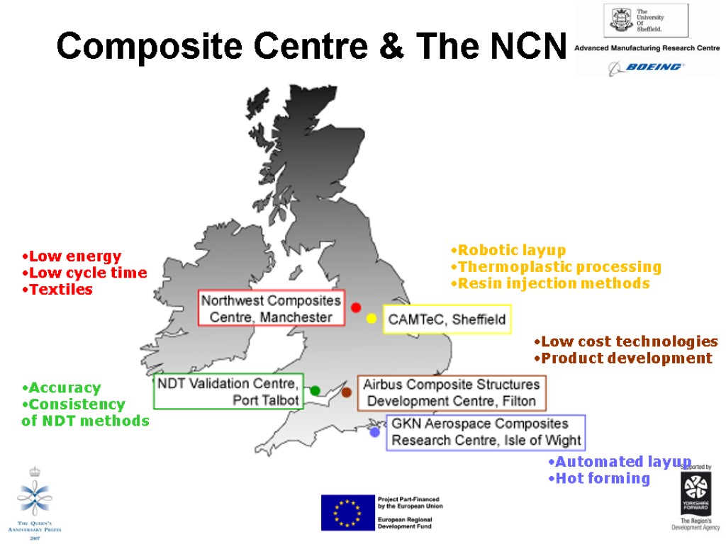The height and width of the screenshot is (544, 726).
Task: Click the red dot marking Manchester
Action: click(x=356, y=307)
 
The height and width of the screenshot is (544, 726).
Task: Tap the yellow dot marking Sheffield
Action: click(x=371, y=319)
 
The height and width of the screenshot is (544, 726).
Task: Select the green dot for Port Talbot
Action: click(x=315, y=390)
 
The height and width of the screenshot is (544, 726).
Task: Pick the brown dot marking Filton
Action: click(x=347, y=392)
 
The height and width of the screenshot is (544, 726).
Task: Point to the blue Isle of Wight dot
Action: click(x=374, y=432)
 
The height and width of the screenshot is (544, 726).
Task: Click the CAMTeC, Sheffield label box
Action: click(x=447, y=319)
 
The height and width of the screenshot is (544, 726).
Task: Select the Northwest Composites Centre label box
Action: click(x=271, y=308)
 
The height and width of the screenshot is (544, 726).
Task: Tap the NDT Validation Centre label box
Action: click(x=228, y=392)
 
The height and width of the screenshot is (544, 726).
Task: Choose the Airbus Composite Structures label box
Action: click(x=452, y=393)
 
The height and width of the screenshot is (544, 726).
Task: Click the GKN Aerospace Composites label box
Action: click(x=486, y=432)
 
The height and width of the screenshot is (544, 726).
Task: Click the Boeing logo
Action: click(x=645, y=67)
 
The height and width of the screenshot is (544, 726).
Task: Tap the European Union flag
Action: click(x=347, y=512)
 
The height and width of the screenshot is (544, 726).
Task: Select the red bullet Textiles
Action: click(x=60, y=290)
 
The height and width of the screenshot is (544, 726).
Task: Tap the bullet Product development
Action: click(x=626, y=358)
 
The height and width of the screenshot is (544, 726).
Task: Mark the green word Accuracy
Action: click(x=65, y=388)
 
